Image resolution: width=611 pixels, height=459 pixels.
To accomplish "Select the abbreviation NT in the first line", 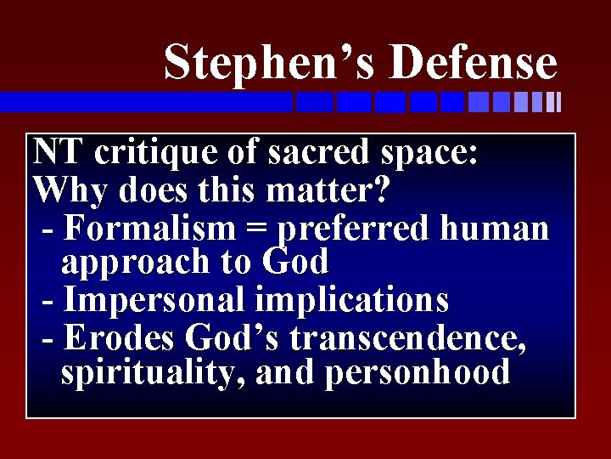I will pos(59,153).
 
